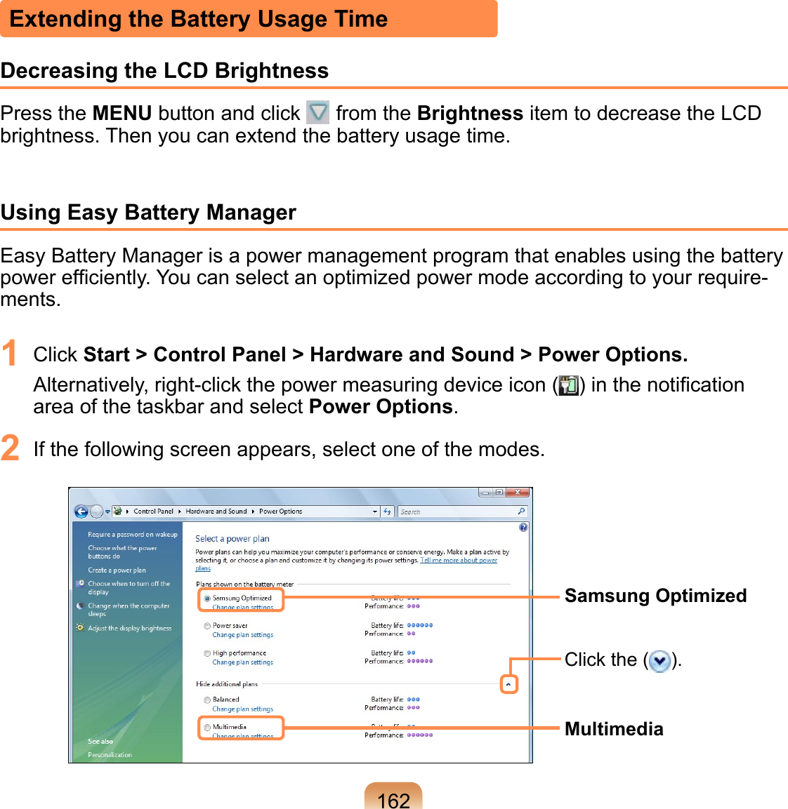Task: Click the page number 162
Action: pyautogui.click(x=393, y=799)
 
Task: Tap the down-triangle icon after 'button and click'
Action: pyautogui.click(x=318, y=112)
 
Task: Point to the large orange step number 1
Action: pyautogui.click(x=10, y=354)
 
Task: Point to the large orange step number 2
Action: pyautogui.click(x=10, y=448)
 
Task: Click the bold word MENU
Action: pyautogui.click(x=122, y=113)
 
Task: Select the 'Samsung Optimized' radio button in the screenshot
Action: pyautogui.click(x=207, y=599)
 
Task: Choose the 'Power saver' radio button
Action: pyautogui.click(x=207, y=626)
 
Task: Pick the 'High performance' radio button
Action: pyautogui.click(x=207, y=653)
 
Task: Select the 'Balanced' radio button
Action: pyautogui.click(x=207, y=700)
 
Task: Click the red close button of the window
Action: pyautogui.click(x=518, y=493)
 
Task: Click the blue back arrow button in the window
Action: pyautogui.click(x=81, y=512)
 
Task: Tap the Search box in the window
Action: pyautogui.click(x=457, y=512)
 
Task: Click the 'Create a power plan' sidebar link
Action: pyautogui.click(x=117, y=570)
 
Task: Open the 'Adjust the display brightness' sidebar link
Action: pyautogui.click(x=129, y=629)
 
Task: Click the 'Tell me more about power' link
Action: pyautogui.click(x=459, y=561)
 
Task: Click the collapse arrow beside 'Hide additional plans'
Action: pyautogui.click(x=508, y=684)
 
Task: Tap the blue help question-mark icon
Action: pyautogui.click(x=523, y=528)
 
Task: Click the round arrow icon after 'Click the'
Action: pyautogui.click(x=659, y=661)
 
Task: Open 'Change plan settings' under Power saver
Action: pyautogui.click(x=243, y=635)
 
